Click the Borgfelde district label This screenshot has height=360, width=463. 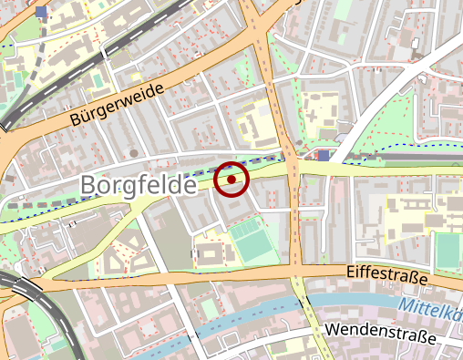pyautogui.click(x=138, y=184)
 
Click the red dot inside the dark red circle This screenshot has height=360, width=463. pyautogui.click(x=231, y=180)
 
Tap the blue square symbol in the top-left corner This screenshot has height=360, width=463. pyautogui.click(x=41, y=12)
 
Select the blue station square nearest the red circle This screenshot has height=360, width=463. pyautogui.click(x=324, y=156)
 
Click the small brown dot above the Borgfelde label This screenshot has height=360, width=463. pyautogui.click(x=133, y=152)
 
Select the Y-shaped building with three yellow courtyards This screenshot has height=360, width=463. pyautogui.click(x=122, y=255)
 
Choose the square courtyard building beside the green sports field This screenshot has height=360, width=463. pyautogui.click(x=209, y=253)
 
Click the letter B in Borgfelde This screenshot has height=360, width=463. pyautogui.click(x=88, y=185)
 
